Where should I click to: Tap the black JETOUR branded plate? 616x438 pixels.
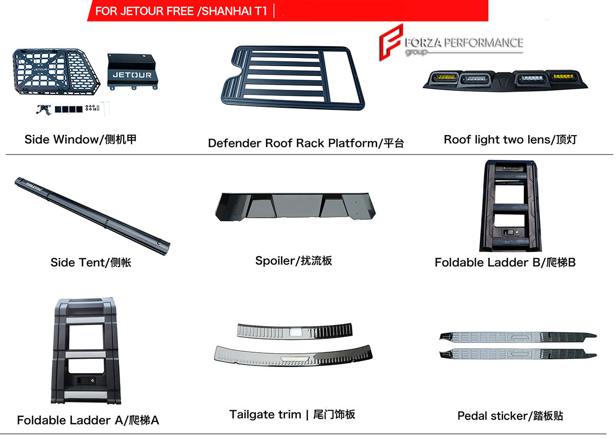(132, 71)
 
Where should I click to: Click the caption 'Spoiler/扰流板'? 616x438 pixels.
(294, 261)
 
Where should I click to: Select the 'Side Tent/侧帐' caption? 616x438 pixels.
(91, 262)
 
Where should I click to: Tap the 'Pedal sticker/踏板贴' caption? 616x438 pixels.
(510, 415)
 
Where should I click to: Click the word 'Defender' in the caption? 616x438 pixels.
(234, 143)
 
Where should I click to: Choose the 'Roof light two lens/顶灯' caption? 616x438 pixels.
(510, 140)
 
